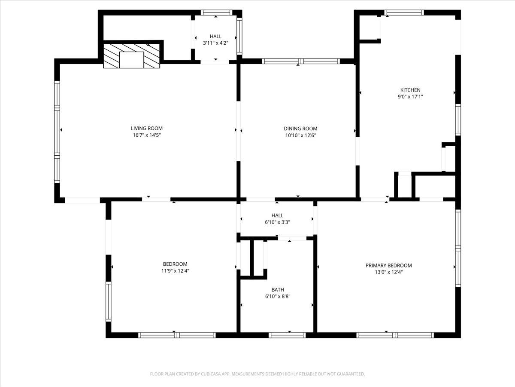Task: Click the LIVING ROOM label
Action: tap(147, 128)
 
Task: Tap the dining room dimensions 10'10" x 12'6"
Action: tap(300, 135)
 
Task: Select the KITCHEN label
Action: tap(410, 90)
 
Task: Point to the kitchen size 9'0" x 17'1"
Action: tap(410, 97)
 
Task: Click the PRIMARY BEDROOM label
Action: tap(388, 265)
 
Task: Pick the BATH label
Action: tap(277, 289)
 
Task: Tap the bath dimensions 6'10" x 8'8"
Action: tap(277, 296)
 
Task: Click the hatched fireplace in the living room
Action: tap(132, 56)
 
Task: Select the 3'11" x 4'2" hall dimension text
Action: tap(215, 43)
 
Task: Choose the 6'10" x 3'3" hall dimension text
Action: tap(277, 222)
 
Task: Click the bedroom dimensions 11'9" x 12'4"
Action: tap(175, 271)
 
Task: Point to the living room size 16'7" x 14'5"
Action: tap(147, 135)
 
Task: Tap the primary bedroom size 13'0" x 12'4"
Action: tap(388, 272)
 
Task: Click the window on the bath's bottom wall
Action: tap(287, 335)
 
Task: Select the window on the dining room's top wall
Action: tap(301, 61)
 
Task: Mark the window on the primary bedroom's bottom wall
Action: tap(395, 335)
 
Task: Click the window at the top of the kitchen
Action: tap(404, 13)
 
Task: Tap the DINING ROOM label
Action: tap(300, 128)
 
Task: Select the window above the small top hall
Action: tap(216, 13)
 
